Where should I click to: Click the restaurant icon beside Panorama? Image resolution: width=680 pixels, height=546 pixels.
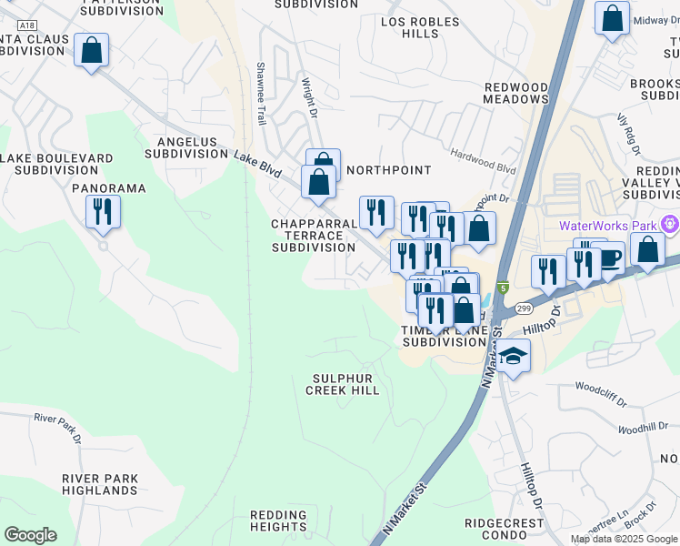(103, 213)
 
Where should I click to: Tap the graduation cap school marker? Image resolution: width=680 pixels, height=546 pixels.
(514, 357)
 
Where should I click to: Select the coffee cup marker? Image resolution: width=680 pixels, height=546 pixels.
(608, 258)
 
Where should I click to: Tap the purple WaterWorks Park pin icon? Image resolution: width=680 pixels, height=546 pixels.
(671, 224)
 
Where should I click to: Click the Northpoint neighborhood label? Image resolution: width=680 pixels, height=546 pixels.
(388, 170)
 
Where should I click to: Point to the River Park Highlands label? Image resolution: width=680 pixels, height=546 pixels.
(100, 484)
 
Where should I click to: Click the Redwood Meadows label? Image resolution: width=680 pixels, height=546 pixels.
(515, 93)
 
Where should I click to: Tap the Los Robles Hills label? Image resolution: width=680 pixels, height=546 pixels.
(421, 27)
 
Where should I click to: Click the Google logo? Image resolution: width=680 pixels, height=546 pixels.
(30, 535)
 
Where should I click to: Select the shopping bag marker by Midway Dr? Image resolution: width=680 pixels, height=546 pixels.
(612, 18)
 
